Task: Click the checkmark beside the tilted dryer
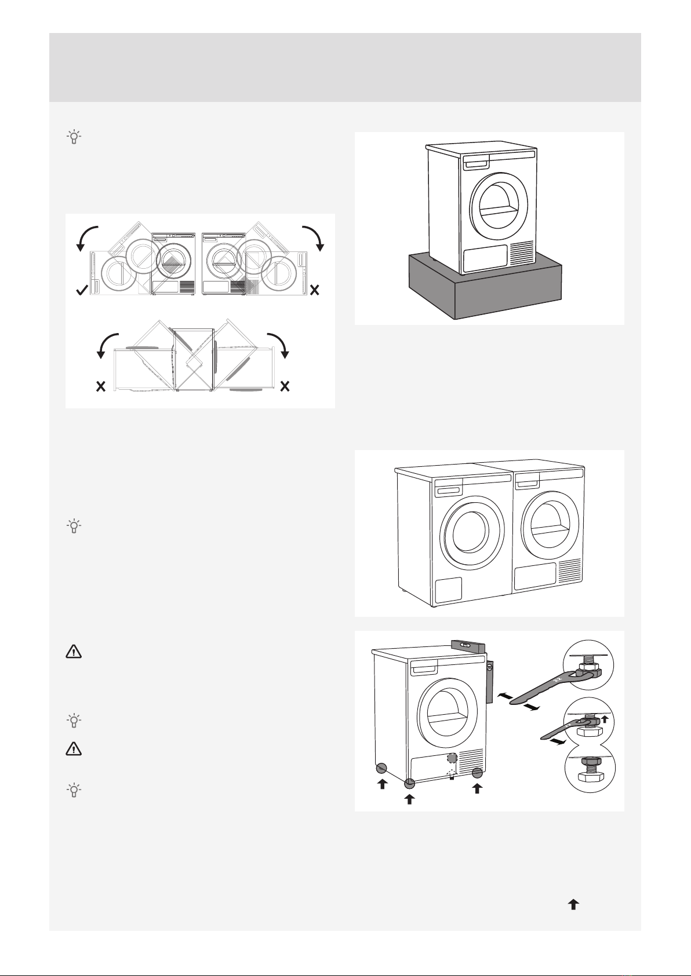click(82, 291)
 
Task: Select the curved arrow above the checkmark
click(88, 238)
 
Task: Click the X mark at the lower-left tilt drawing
click(100, 386)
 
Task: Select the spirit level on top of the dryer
click(464, 644)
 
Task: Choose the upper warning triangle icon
click(74, 652)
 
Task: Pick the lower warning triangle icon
click(74, 749)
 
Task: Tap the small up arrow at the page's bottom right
click(573, 904)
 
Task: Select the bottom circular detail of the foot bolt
click(590, 773)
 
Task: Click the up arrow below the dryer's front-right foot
click(477, 788)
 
